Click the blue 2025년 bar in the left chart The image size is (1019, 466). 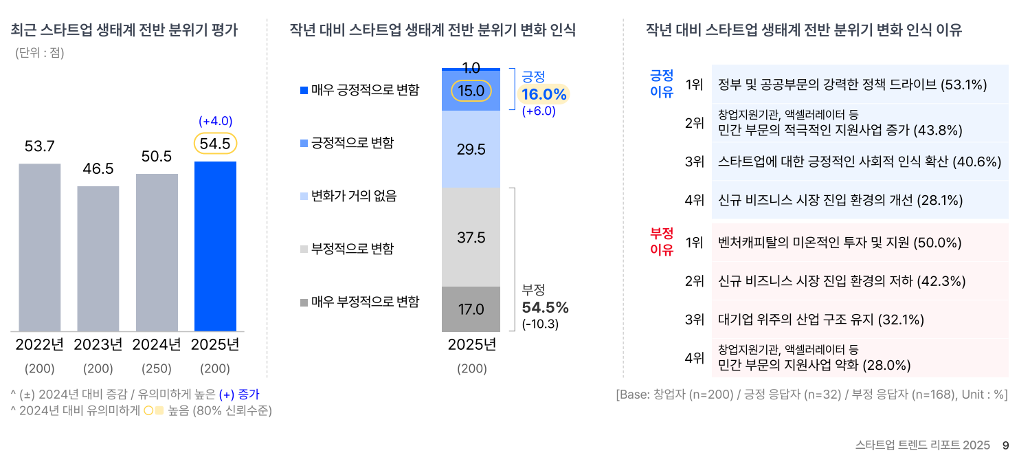[215, 246]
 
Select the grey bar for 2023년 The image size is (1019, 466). [98, 258]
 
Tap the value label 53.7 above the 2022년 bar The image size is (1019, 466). [39, 146]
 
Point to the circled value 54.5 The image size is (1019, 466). [215, 144]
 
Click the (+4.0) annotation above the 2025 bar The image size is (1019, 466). [215, 122]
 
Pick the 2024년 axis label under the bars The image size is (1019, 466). [157, 344]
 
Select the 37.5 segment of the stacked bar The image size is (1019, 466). [471, 238]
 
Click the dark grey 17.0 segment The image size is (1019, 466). [471, 309]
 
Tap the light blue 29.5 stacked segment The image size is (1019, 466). [471, 149]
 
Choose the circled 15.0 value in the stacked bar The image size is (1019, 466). [471, 91]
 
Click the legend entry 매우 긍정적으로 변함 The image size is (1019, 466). [359, 90]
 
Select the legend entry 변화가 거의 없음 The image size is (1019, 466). [348, 197]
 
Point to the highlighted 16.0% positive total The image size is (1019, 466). [544, 95]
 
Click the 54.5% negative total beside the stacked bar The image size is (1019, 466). [545, 307]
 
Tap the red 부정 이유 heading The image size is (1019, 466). [662, 241]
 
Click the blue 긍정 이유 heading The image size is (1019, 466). [662, 83]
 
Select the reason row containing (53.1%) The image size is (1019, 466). [852, 85]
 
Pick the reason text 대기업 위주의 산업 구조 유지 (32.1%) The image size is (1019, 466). [820, 320]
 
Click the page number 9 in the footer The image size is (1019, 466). [1005, 445]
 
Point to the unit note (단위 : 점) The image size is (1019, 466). [40, 53]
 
